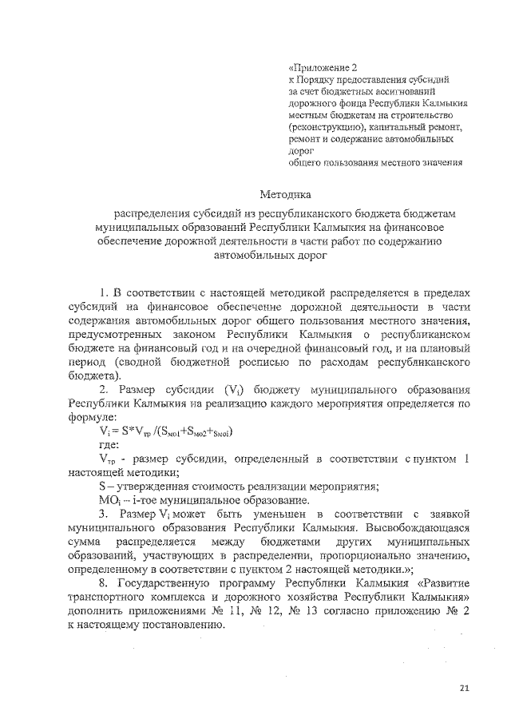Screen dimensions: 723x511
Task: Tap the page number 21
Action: [x=465, y=688]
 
